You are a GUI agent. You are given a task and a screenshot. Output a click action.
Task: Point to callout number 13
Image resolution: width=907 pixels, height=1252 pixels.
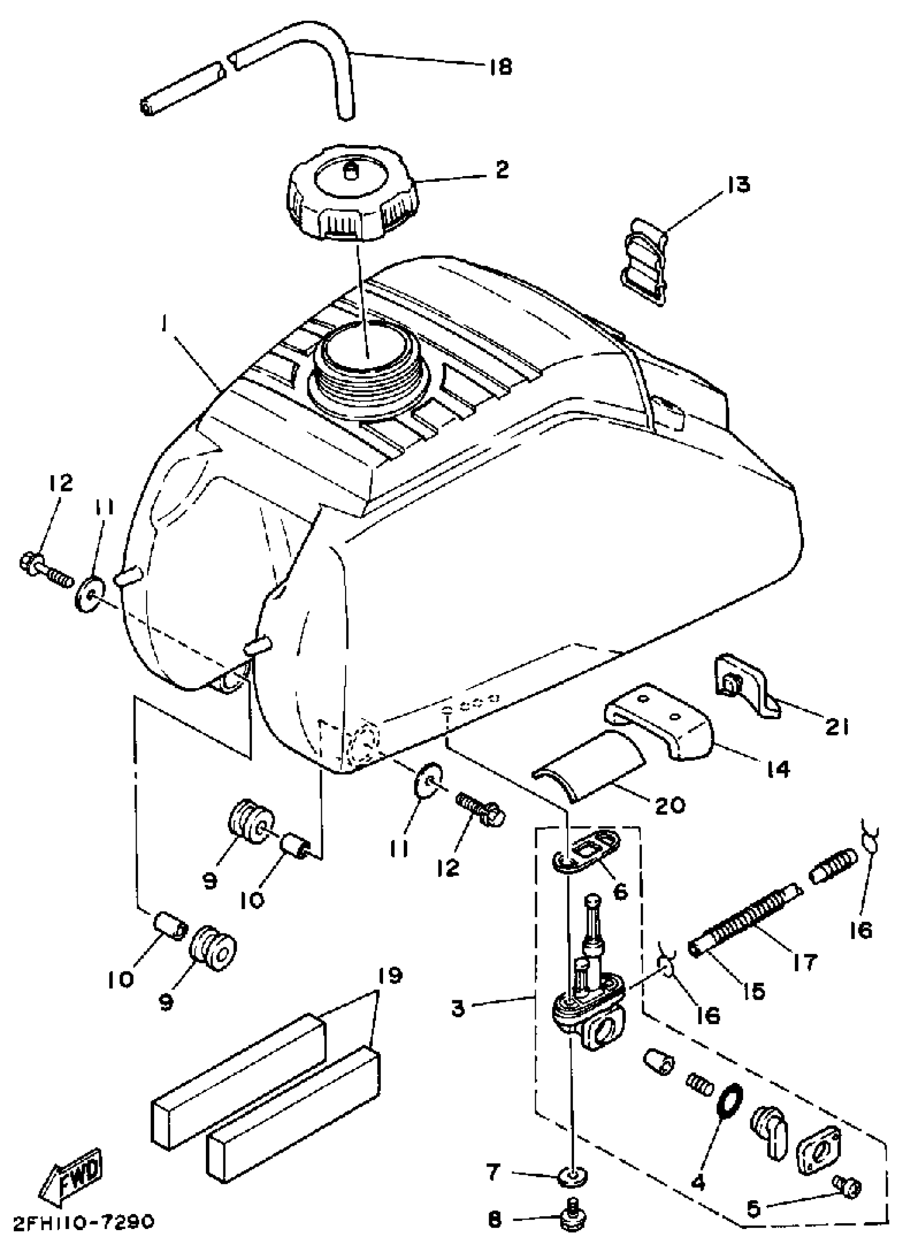738,185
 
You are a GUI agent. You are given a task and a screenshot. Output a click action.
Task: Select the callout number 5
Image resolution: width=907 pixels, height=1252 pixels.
753,1209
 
